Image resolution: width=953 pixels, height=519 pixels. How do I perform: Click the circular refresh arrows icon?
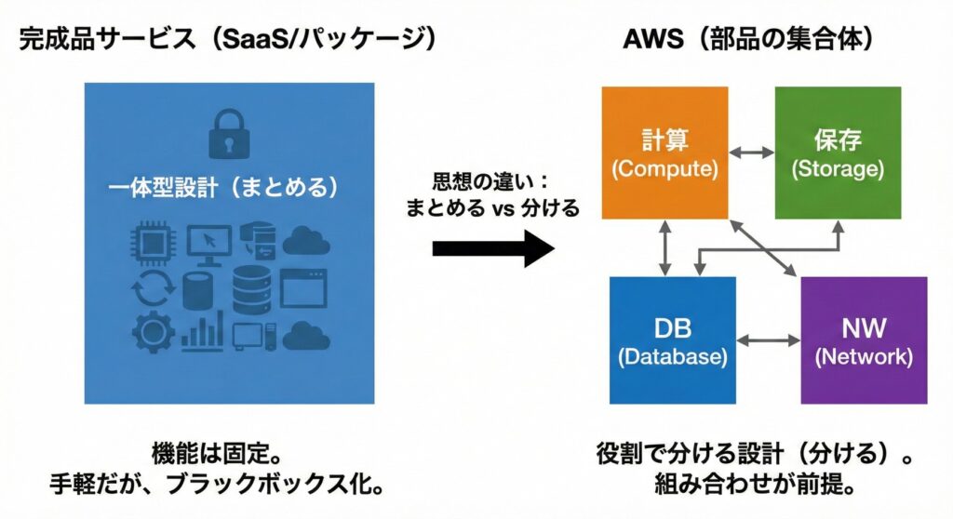(x=152, y=290)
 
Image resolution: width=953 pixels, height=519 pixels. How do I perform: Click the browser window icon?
(x=303, y=289)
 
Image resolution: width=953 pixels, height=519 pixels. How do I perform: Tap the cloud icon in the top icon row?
(x=306, y=241)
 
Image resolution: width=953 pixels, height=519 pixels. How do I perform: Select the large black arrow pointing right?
(x=493, y=248)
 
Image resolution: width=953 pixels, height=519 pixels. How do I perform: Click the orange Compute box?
(x=664, y=153)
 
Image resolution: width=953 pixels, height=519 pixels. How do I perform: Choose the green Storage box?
(x=837, y=153)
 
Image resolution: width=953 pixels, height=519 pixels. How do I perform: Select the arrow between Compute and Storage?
(x=751, y=151)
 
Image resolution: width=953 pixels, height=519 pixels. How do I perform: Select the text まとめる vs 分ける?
(x=492, y=208)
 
